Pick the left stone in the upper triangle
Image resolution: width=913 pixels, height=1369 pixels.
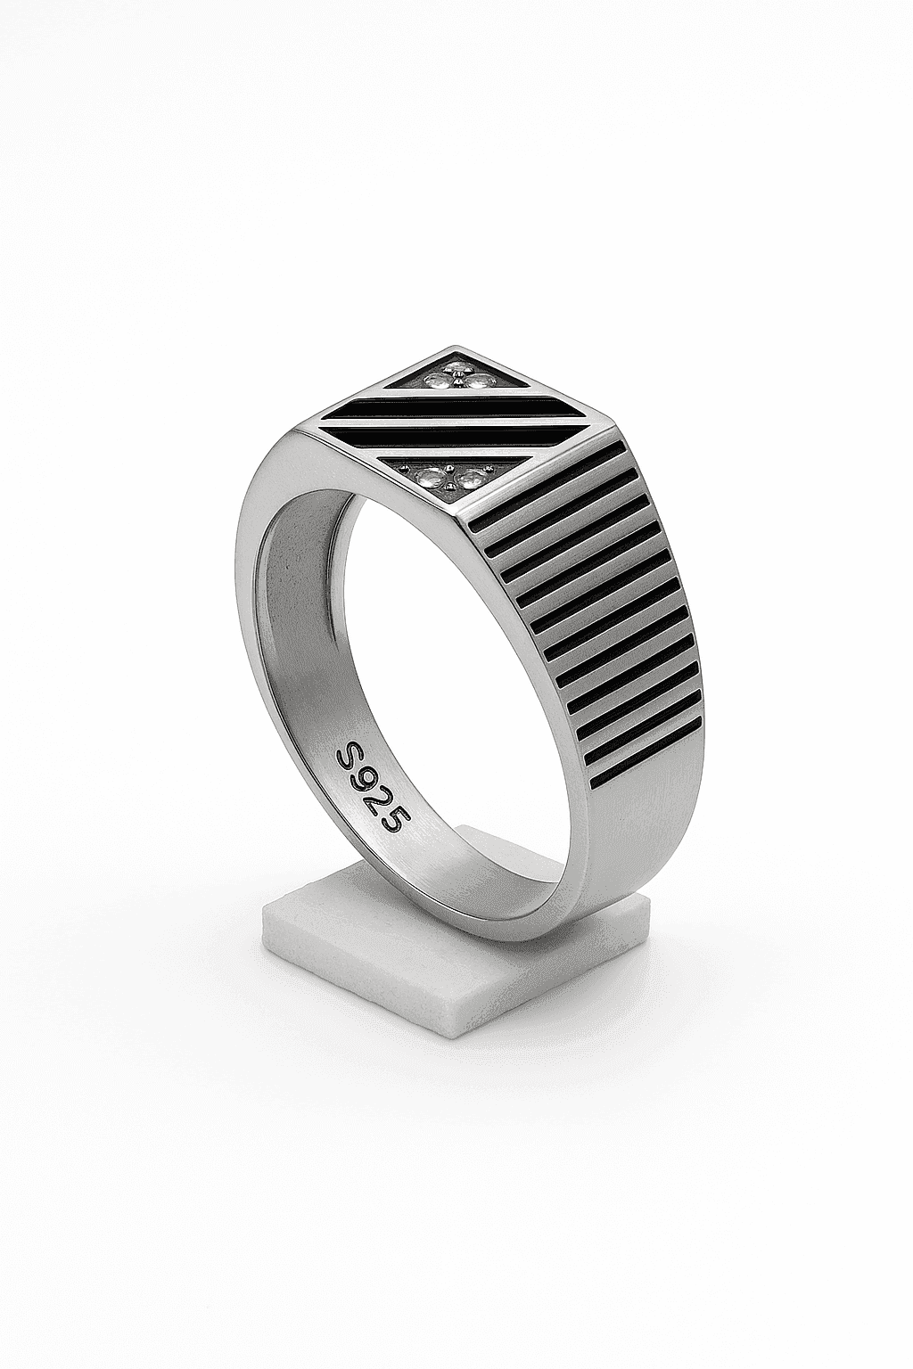(x=437, y=381)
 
